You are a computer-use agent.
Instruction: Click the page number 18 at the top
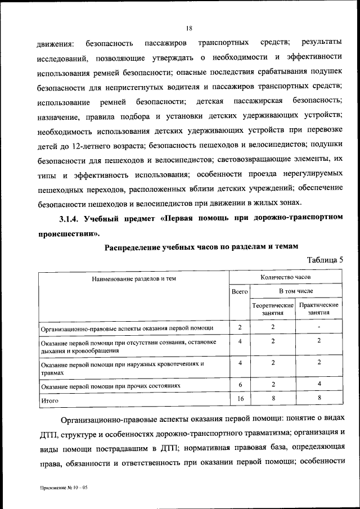pos(189,28)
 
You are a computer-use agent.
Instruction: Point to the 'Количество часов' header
pos(286,277)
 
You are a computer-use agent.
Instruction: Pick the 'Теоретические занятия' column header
pos(273,309)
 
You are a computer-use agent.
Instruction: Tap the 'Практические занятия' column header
pos(319,309)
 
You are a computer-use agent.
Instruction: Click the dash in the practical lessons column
pos(319,327)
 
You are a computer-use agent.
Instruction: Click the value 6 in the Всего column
pos(240,384)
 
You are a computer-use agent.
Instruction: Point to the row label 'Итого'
pos(50,401)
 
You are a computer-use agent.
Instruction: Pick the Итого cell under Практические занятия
pos(319,398)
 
